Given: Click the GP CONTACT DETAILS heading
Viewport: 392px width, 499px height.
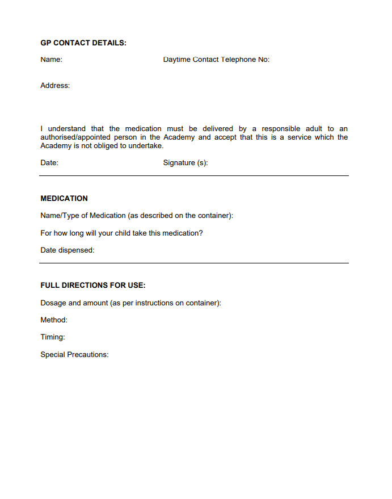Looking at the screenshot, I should (x=83, y=43).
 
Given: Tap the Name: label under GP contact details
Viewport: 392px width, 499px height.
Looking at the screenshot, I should (x=51, y=59).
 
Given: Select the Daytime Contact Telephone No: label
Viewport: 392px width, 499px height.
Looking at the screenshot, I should (x=216, y=59).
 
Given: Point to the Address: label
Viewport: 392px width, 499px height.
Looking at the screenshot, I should (x=55, y=86).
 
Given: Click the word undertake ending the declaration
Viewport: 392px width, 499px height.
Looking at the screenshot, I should (x=146, y=146).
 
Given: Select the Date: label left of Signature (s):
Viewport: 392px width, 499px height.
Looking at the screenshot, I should (x=49, y=163).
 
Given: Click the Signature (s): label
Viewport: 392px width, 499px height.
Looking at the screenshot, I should (x=186, y=163).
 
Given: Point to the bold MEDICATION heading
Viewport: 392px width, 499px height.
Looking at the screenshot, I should (x=64, y=199).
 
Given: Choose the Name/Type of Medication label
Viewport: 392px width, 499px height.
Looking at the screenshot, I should (x=137, y=216).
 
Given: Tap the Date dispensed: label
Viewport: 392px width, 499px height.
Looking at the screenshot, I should (x=68, y=250).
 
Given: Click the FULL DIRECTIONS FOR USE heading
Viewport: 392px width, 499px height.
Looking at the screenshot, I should (x=93, y=286).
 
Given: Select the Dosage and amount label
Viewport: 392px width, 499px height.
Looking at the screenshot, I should (x=130, y=303).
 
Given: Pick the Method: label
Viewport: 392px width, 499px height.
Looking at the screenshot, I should (x=54, y=320).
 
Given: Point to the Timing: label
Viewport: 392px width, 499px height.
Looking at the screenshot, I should (x=53, y=337).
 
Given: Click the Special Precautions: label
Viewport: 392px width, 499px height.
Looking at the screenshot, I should (x=74, y=355).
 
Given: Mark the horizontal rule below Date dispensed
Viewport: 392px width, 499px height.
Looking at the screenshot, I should (x=194, y=263).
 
